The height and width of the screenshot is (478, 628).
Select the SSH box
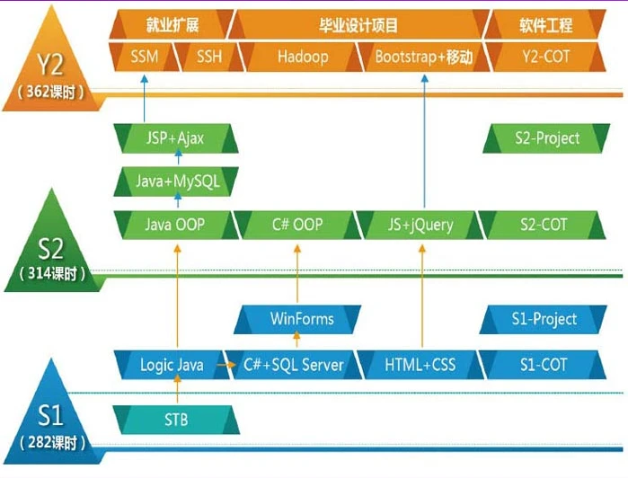pyautogui.click(x=209, y=58)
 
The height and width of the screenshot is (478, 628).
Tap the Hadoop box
pyautogui.click(x=302, y=58)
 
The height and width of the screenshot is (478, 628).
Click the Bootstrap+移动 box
pyautogui.click(x=422, y=58)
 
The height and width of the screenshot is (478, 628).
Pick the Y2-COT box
pyautogui.click(x=544, y=58)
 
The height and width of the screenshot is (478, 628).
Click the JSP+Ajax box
pyautogui.click(x=175, y=138)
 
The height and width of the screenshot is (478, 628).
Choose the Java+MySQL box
pyautogui.click(x=176, y=181)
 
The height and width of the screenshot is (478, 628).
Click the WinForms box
pyautogui.click(x=301, y=319)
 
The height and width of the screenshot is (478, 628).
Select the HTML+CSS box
pyautogui.click(x=420, y=365)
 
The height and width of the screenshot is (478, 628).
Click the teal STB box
pyautogui.click(x=176, y=419)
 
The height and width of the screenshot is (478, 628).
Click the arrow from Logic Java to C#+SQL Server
pyautogui.click(x=225, y=366)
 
